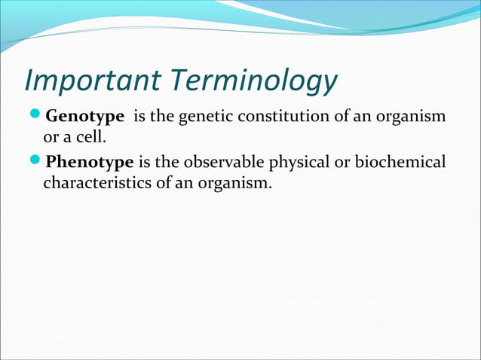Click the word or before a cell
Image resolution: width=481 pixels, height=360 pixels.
52,139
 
